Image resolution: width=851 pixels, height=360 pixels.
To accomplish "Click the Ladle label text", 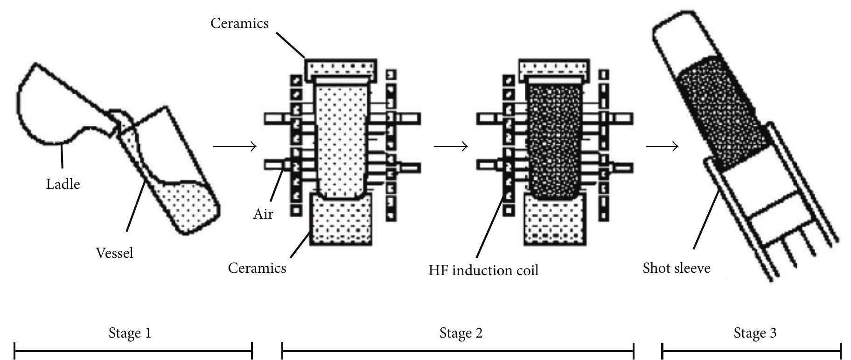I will coord(63,184).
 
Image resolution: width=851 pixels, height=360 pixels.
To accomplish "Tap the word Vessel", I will coord(114,253).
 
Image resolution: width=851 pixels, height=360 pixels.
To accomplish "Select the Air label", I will coord(263,214).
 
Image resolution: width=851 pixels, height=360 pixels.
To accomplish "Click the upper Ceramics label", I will coord(239,23).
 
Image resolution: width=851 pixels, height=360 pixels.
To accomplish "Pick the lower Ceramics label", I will coord(257,268).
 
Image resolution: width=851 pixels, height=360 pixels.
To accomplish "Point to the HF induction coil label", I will coord(483,270).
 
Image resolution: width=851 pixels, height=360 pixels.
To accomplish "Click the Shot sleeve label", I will coord(677,268).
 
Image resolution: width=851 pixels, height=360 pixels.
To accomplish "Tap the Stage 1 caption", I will coord(130,333).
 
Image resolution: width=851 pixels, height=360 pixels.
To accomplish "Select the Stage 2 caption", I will coord(461,333).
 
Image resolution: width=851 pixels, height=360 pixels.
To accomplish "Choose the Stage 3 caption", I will coord(755,333).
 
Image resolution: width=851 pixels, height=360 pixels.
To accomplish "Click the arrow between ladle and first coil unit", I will coord(235,146).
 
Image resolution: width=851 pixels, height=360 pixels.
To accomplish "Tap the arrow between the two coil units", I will coord(451,146).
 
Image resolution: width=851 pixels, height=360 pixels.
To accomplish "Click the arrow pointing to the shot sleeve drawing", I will coord(662,146).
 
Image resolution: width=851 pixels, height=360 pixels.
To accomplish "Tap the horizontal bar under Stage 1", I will coord(133,351).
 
